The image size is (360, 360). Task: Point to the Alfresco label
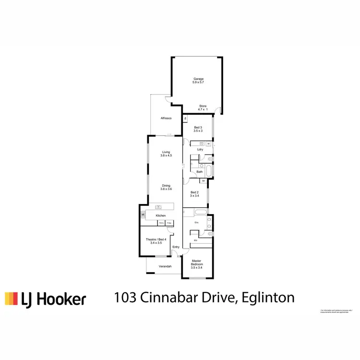(166, 118)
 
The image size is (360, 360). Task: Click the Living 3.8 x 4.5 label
(166, 154)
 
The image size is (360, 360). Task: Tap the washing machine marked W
(209, 144)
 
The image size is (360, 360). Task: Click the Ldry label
(200, 149)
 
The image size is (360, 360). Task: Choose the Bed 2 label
(194, 194)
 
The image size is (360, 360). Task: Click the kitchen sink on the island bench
(157, 207)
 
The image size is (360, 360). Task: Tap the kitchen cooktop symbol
(143, 216)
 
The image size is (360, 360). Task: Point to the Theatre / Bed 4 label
(156, 241)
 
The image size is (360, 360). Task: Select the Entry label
(176, 247)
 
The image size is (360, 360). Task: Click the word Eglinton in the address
(267, 298)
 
